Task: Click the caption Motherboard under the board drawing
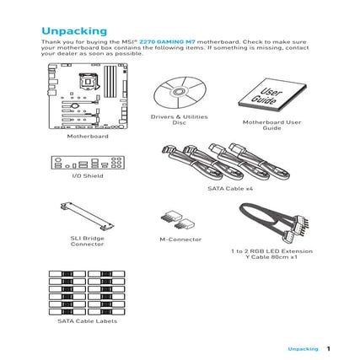click(x=88, y=135)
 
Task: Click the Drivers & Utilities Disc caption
click(x=178, y=120)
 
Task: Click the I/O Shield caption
click(x=88, y=178)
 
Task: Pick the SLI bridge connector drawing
click(x=87, y=217)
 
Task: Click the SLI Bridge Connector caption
click(x=88, y=243)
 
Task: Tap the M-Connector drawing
click(x=179, y=222)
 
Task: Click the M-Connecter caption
click(x=180, y=239)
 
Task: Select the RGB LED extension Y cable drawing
click(x=271, y=227)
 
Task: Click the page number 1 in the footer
click(x=328, y=348)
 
